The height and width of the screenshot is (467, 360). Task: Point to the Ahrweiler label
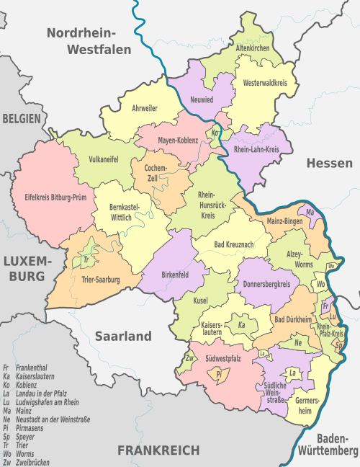point(145,108)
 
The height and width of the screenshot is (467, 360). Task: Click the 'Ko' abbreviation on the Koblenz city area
point(215,133)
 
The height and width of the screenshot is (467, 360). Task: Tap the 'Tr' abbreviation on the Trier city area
point(86,259)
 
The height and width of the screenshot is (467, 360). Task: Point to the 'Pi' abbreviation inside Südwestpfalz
point(217,374)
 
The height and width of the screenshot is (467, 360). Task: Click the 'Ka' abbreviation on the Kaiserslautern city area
point(242,325)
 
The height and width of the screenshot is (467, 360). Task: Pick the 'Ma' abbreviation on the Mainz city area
point(310,213)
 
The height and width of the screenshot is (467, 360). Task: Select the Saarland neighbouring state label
point(123,336)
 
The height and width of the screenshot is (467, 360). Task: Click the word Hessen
point(329,163)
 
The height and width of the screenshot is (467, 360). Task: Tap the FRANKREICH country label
point(158,450)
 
